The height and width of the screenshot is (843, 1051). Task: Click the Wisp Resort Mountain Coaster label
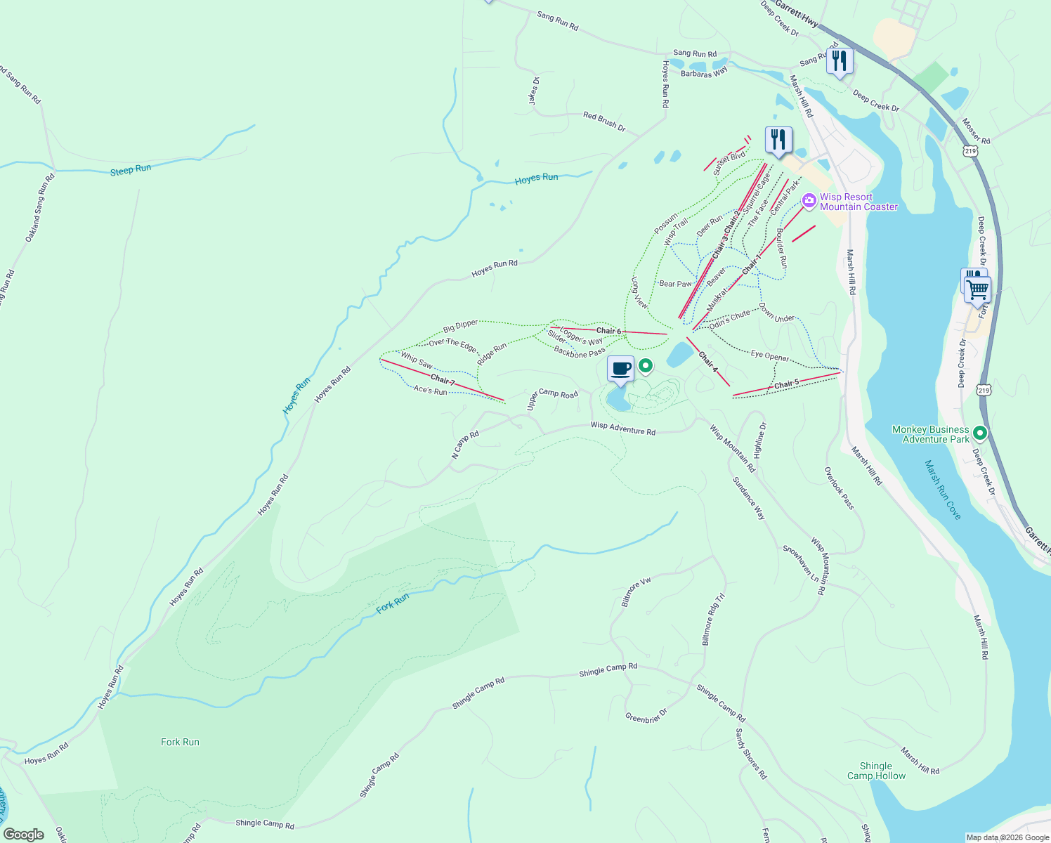[x=858, y=202]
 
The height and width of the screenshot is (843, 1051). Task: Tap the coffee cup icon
[x=620, y=369]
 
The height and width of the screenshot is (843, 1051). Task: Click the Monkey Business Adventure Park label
[x=930, y=434]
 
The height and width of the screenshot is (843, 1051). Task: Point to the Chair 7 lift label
[x=443, y=380]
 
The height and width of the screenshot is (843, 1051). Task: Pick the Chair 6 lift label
[x=608, y=331]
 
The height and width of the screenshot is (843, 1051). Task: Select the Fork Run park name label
[x=180, y=742]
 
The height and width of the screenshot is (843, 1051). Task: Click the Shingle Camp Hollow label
[x=876, y=771]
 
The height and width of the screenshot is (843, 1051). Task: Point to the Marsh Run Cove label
[x=943, y=490]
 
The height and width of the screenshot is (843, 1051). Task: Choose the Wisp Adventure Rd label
[x=622, y=428]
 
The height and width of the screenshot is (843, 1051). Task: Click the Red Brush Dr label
[x=604, y=122]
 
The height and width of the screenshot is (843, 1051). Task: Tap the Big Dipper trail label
[x=460, y=326]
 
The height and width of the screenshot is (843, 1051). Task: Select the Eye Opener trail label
[x=769, y=356]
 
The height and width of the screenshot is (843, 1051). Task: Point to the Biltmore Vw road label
[x=637, y=593]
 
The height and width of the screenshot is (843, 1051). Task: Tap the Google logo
[x=23, y=835]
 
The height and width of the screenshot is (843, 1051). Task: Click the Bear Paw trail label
[x=675, y=284]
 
